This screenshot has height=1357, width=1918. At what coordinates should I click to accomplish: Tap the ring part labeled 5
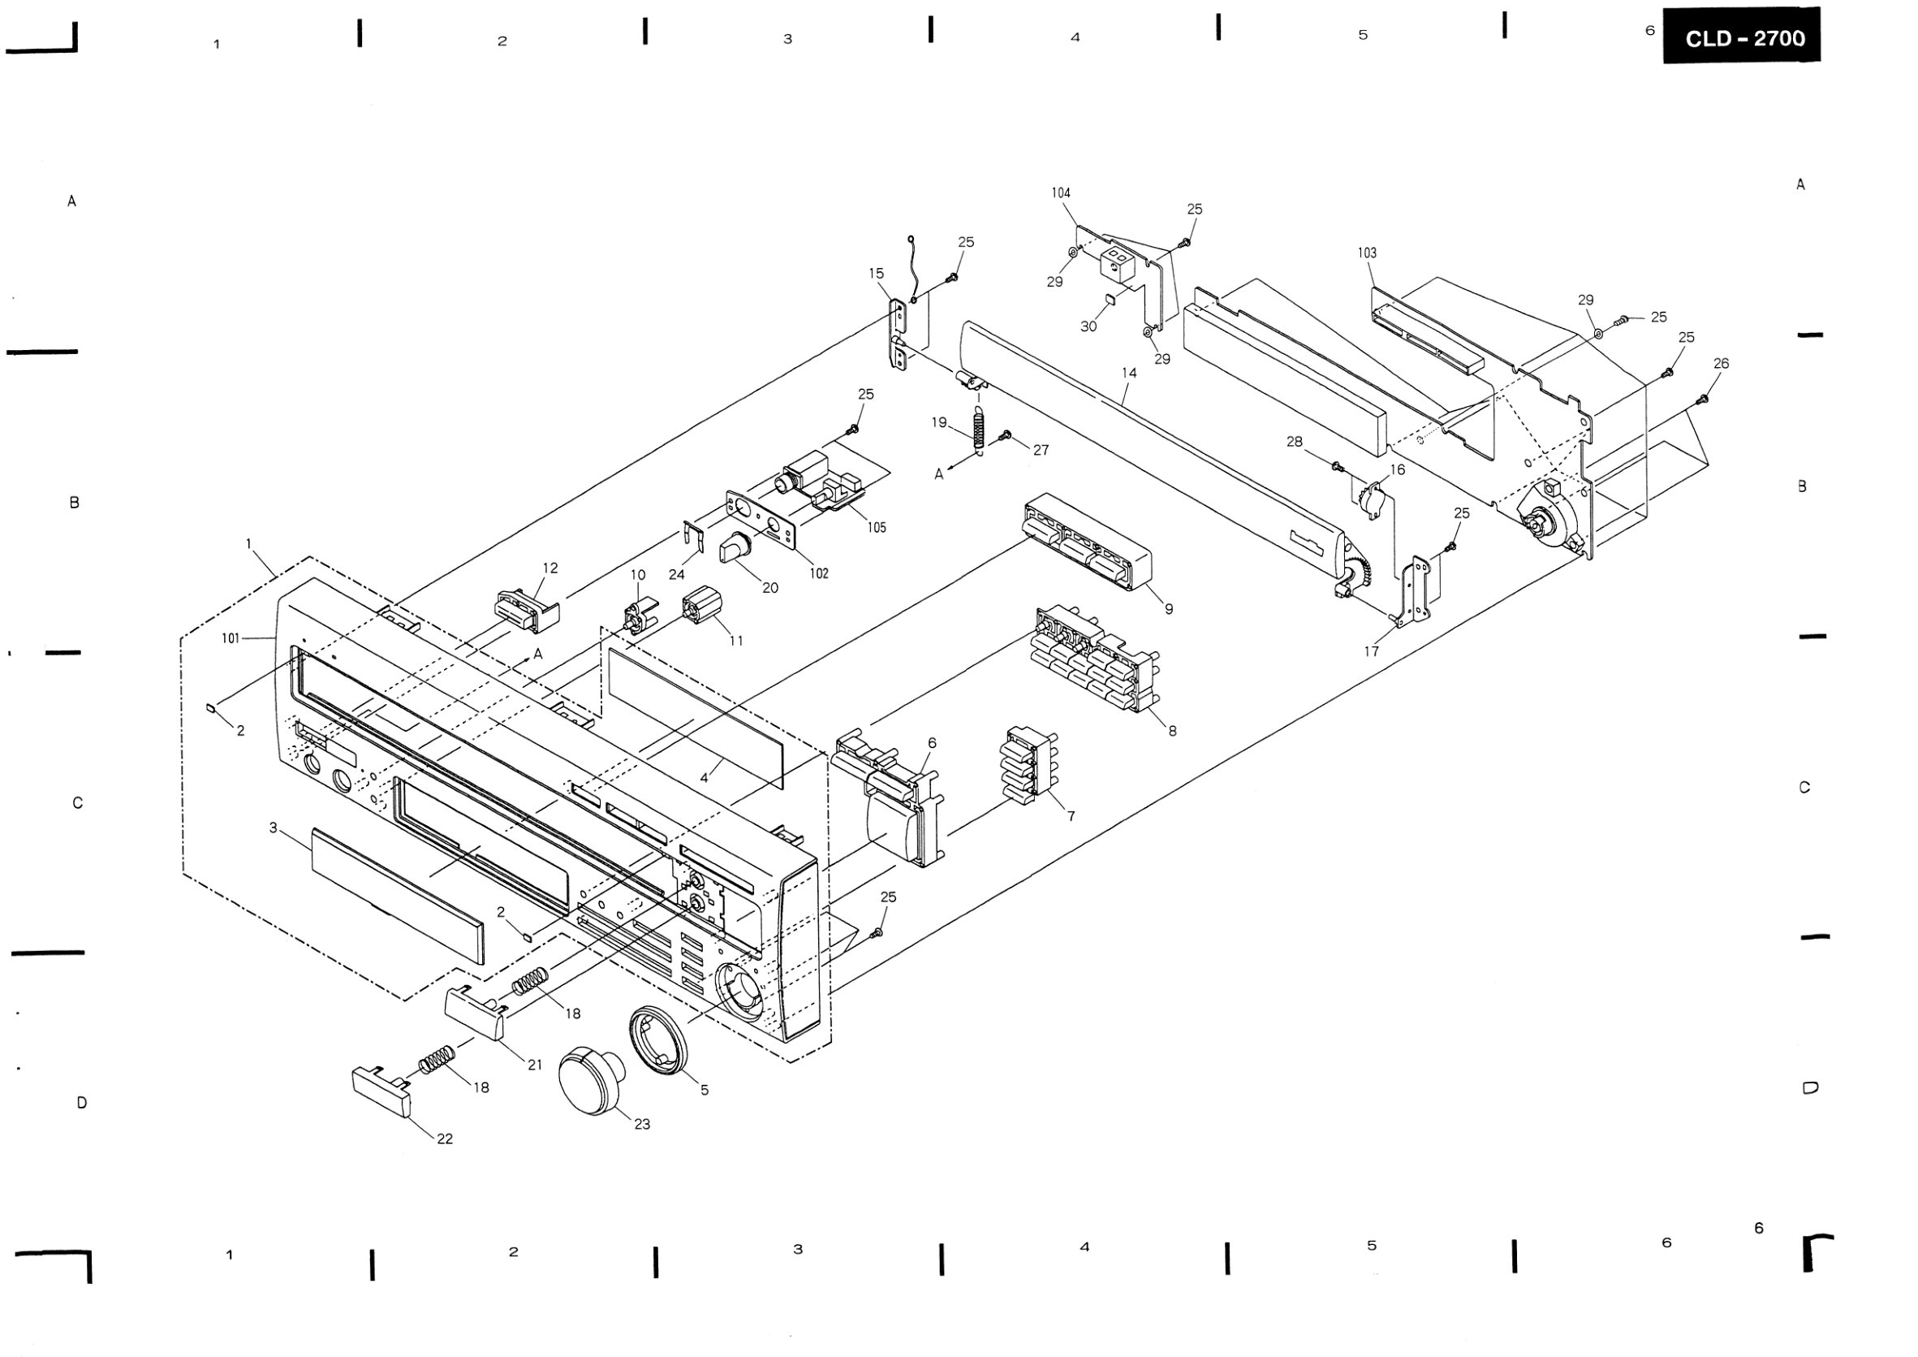(x=659, y=1039)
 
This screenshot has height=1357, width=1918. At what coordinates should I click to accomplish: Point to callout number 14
(x=1129, y=373)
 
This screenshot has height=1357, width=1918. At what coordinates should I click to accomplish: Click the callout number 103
(x=1367, y=253)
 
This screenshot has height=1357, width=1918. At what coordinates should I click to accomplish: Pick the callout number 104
(x=1061, y=193)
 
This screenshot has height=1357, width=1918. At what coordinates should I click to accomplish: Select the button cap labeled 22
(x=381, y=1090)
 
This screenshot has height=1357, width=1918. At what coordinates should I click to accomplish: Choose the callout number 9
(x=1169, y=609)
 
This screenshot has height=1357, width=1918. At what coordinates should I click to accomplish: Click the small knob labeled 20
(x=735, y=547)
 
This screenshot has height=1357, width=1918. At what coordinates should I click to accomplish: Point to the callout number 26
(x=1721, y=364)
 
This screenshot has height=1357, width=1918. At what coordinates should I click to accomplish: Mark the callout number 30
(x=1088, y=326)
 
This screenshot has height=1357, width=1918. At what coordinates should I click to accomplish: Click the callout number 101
(x=231, y=638)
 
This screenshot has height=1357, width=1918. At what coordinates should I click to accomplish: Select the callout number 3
(x=274, y=828)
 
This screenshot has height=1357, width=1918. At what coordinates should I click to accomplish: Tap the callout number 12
(x=550, y=568)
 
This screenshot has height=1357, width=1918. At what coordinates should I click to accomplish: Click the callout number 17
(x=1371, y=651)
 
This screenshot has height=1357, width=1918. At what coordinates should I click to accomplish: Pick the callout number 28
(x=1294, y=441)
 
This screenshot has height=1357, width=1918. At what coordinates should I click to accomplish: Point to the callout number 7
(x=1071, y=815)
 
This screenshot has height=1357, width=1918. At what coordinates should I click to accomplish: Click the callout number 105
(x=877, y=527)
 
